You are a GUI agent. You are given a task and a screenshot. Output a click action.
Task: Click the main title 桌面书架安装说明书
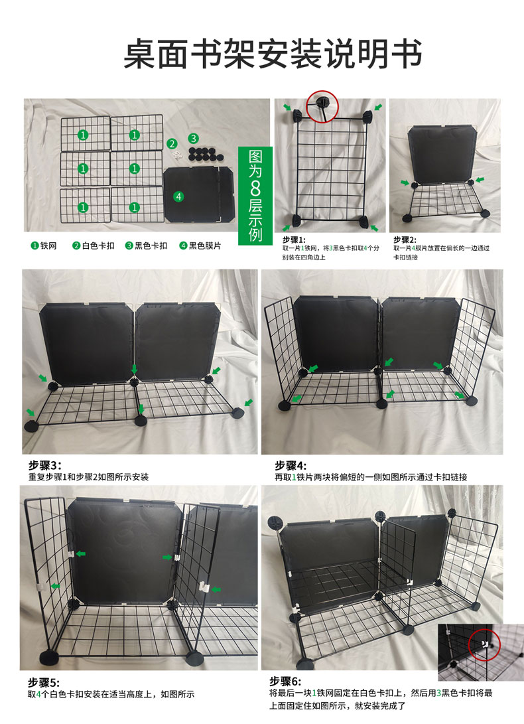(273, 54)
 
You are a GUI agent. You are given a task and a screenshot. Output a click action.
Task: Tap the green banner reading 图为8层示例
(255, 196)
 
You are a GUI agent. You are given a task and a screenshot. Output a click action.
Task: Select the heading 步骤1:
(294, 240)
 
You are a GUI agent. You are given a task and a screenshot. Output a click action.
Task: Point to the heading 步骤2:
(405, 240)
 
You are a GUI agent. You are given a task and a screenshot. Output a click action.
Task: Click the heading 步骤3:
(45, 465)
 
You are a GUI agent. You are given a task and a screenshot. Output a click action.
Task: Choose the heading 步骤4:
(291, 465)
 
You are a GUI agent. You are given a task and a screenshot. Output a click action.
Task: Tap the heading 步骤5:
(44, 682)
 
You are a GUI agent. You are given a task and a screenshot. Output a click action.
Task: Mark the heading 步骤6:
(285, 681)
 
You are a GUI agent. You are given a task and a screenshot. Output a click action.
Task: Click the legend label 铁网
(48, 246)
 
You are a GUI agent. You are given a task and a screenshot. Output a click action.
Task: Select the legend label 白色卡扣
(98, 246)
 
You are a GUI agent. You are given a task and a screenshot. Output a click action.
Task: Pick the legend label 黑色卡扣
(151, 246)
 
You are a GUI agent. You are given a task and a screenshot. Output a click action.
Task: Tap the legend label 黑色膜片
(205, 246)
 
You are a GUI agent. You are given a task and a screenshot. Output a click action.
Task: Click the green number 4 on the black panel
(178, 196)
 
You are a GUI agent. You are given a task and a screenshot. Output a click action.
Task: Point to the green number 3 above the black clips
(194, 138)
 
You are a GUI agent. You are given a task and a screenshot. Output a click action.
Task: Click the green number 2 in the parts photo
(172, 143)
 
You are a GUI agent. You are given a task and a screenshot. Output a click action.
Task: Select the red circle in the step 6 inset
(484, 644)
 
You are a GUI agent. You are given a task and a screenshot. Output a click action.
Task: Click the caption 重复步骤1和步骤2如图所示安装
(89, 477)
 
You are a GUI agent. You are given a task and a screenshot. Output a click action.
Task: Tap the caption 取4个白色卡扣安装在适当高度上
(93, 694)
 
